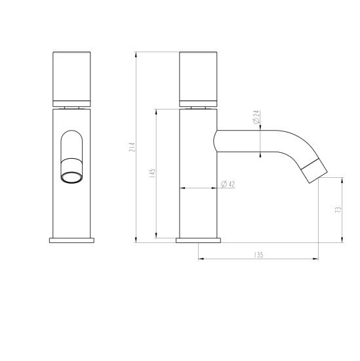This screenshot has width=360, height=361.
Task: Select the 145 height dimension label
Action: [x=152, y=174]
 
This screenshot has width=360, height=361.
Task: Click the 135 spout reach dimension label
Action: [x=258, y=254]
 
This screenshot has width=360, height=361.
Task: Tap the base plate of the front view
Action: [x=73, y=240]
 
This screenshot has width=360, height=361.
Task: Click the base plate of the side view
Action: [x=197, y=240]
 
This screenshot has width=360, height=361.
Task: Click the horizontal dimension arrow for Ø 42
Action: [x=197, y=188]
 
